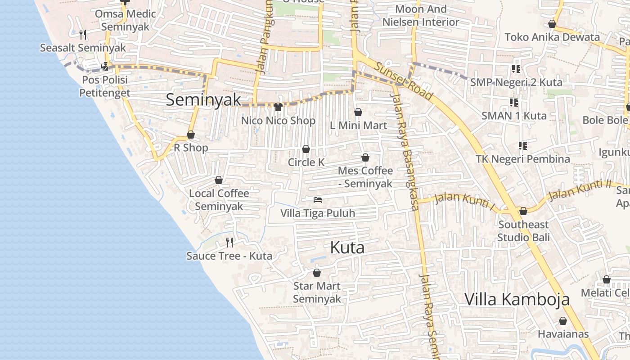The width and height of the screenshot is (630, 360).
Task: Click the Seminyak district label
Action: [203, 99]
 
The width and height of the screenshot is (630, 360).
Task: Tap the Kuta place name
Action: [347, 247]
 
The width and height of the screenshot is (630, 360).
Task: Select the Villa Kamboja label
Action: [517, 299]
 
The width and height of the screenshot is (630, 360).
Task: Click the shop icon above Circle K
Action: [306, 149]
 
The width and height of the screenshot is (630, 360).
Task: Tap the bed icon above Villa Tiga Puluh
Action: [318, 199]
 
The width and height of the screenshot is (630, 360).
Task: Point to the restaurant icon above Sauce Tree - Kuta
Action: [229, 243]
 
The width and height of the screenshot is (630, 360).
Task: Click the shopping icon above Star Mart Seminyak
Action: [317, 273]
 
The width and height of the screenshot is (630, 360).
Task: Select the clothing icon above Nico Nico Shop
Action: [278, 107]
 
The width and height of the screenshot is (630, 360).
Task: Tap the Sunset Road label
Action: [403, 81]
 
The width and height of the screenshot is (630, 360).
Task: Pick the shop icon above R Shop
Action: [191, 135]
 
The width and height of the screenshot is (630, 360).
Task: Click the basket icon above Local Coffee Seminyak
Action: [219, 180]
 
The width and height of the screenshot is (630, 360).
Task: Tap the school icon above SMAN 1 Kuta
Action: [514, 103]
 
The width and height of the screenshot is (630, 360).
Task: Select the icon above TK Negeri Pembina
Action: [523, 146]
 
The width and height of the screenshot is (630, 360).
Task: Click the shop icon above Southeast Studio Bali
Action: [523, 211]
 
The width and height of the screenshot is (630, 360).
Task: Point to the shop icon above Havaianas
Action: [563, 321]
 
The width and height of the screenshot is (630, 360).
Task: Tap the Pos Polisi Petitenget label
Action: [105, 86]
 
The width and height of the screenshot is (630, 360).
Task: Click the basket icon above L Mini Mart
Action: [358, 112]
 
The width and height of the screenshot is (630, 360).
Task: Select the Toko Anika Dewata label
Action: [552, 37]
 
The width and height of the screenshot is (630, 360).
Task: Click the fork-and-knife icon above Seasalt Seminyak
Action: [83, 34]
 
